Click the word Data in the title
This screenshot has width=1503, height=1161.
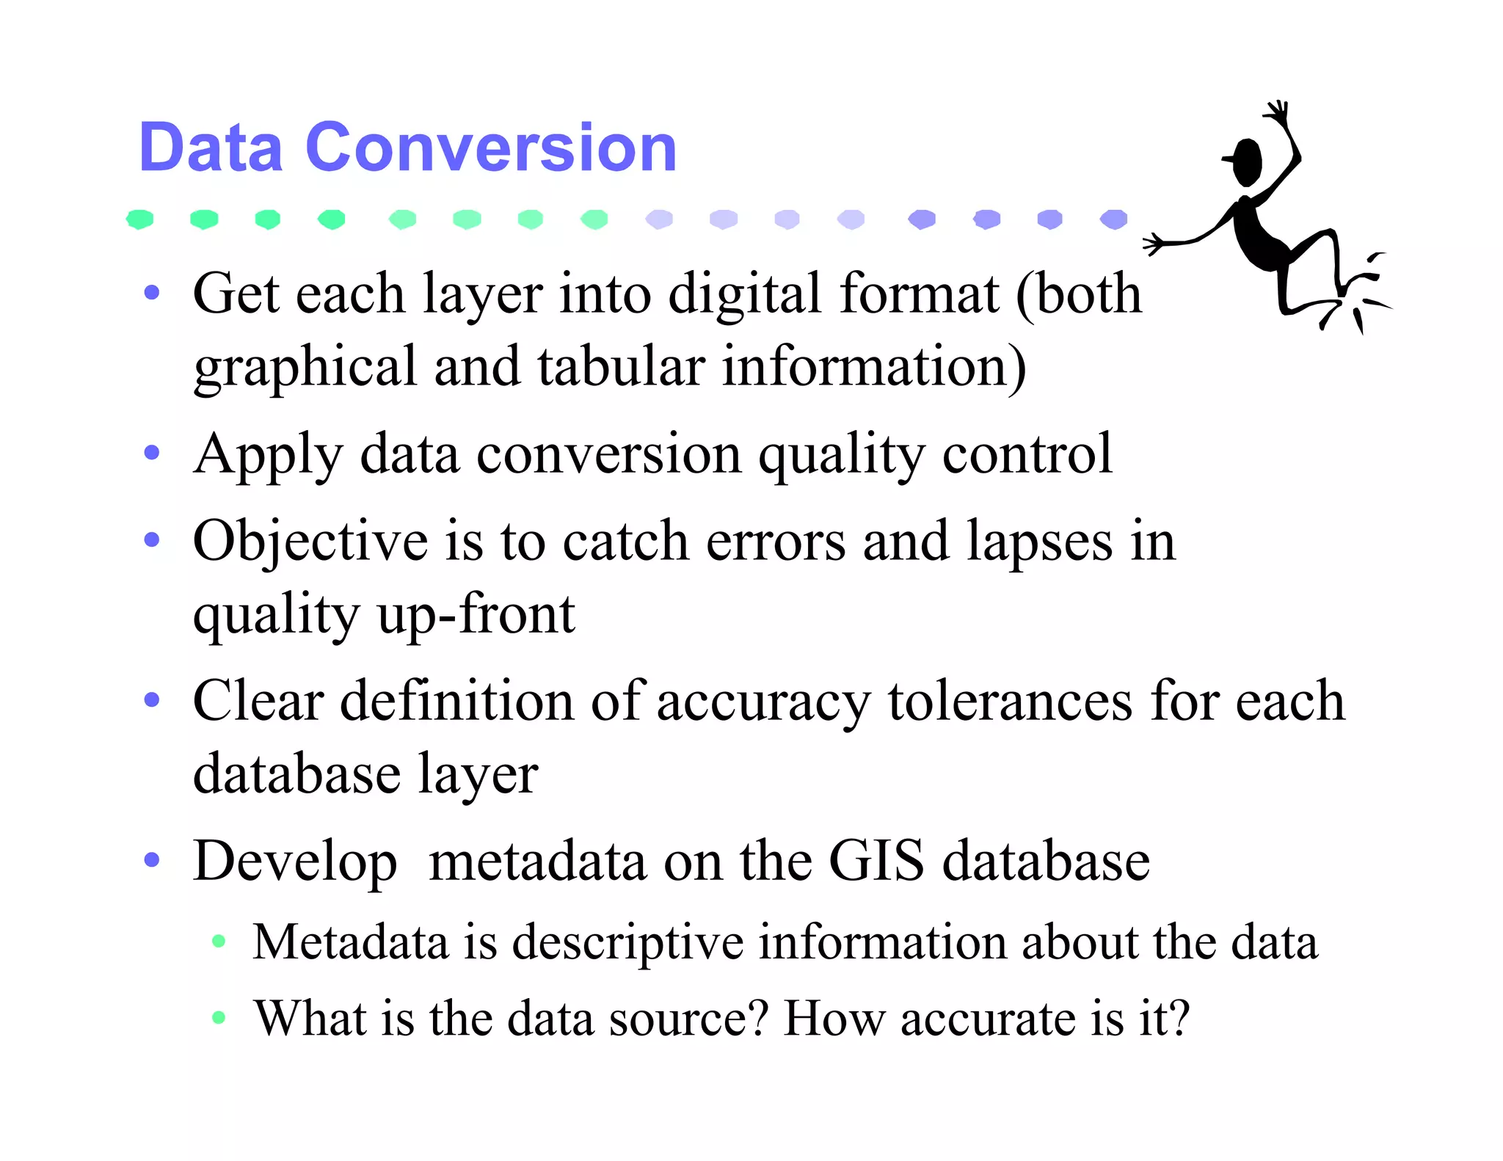click(211, 148)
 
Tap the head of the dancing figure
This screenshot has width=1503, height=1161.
click(1246, 162)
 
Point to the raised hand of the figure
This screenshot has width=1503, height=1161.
click(1278, 114)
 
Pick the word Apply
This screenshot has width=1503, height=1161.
click(268, 455)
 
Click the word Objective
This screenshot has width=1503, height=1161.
click(310, 542)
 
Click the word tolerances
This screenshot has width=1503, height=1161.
click(1010, 701)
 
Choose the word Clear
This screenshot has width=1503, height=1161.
click(258, 701)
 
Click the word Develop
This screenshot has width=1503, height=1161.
click(295, 862)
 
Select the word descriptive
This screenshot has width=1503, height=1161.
click(627, 942)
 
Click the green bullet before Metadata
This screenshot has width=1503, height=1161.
click(218, 942)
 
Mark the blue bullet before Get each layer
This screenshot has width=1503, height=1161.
click(152, 293)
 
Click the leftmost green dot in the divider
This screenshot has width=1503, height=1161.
click(139, 219)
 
